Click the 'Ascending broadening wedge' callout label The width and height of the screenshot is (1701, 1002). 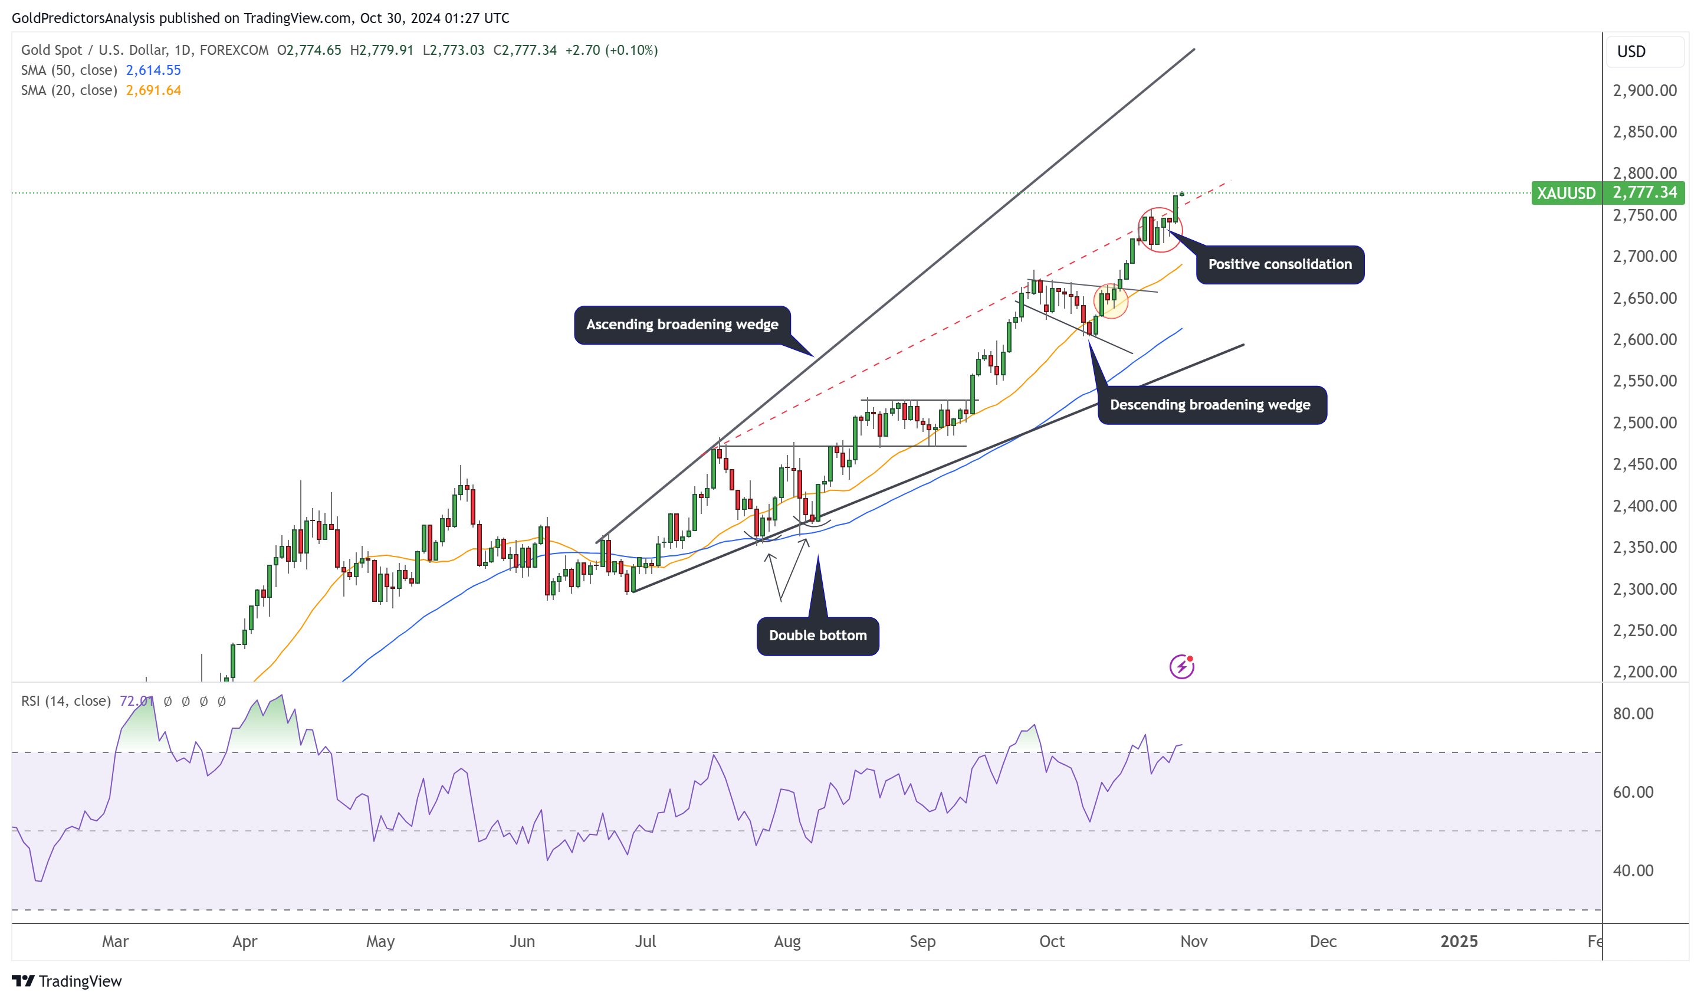(x=682, y=325)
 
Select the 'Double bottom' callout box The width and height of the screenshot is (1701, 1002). (x=817, y=636)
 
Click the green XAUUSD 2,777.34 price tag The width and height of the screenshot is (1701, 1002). (x=1607, y=193)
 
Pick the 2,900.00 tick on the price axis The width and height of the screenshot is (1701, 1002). (x=1644, y=90)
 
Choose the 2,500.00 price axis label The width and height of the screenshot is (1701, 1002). (x=1644, y=423)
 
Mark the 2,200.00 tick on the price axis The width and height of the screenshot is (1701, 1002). (x=1644, y=672)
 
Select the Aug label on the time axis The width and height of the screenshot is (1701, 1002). (x=787, y=942)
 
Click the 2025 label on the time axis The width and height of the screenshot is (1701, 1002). (x=1458, y=942)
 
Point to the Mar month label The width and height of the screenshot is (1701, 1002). (x=116, y=942)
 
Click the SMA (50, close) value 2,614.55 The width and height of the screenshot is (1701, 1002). (x=153, y=70)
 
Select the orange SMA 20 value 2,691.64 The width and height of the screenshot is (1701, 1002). (x=153, y=90)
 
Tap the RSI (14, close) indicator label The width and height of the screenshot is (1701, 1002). (x=65, y=702)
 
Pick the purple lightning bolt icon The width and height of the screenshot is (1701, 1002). (x=1181, y=667)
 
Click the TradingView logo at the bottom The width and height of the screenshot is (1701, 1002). (x=67, y=981)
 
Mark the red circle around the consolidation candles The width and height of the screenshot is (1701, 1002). (x=1160, y=230)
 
